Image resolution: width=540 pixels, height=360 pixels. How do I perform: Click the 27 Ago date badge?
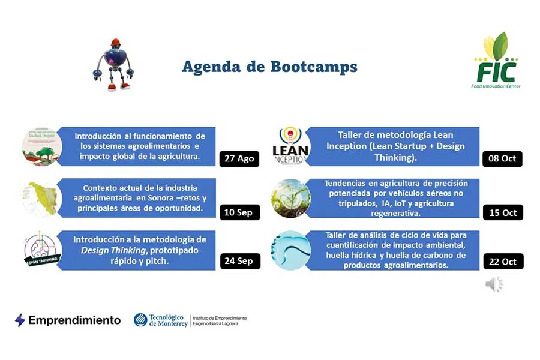(239, 159)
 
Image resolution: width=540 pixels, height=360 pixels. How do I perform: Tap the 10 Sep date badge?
(239, 212)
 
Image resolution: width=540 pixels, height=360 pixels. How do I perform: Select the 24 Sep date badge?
(239, 261)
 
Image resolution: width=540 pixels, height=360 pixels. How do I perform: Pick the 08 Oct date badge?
(503, 159)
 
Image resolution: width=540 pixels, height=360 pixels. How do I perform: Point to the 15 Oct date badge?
(503, 212)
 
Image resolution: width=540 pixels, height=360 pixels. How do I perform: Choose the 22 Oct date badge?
(503, 261)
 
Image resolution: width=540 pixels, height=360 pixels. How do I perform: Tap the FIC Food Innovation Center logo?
(496, 62)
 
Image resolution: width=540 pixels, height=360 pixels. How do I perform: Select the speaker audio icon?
(493, 284)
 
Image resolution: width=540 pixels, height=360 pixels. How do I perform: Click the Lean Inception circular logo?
(291, 146)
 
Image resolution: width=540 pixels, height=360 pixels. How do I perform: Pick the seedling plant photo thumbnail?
(291, 199)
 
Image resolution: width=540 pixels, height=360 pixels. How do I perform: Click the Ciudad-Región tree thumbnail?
(42, 146)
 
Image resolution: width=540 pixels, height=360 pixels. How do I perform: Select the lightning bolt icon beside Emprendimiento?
(20, 320)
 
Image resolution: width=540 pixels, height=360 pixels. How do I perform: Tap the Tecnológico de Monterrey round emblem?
(140, 320)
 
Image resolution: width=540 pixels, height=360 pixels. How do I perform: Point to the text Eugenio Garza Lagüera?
(219, 324)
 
